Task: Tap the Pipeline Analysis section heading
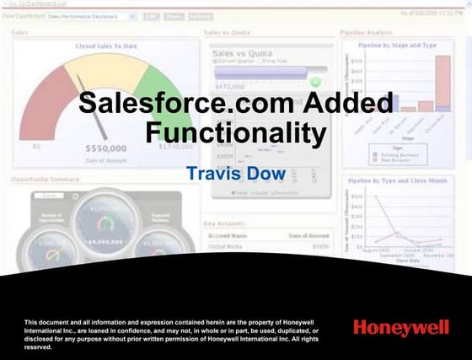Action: pos(367,33)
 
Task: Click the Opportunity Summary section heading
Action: pos(46,179)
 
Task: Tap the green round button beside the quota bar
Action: pos(315,82)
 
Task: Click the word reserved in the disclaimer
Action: pos(39,347)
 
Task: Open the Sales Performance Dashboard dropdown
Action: pos(91,16)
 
